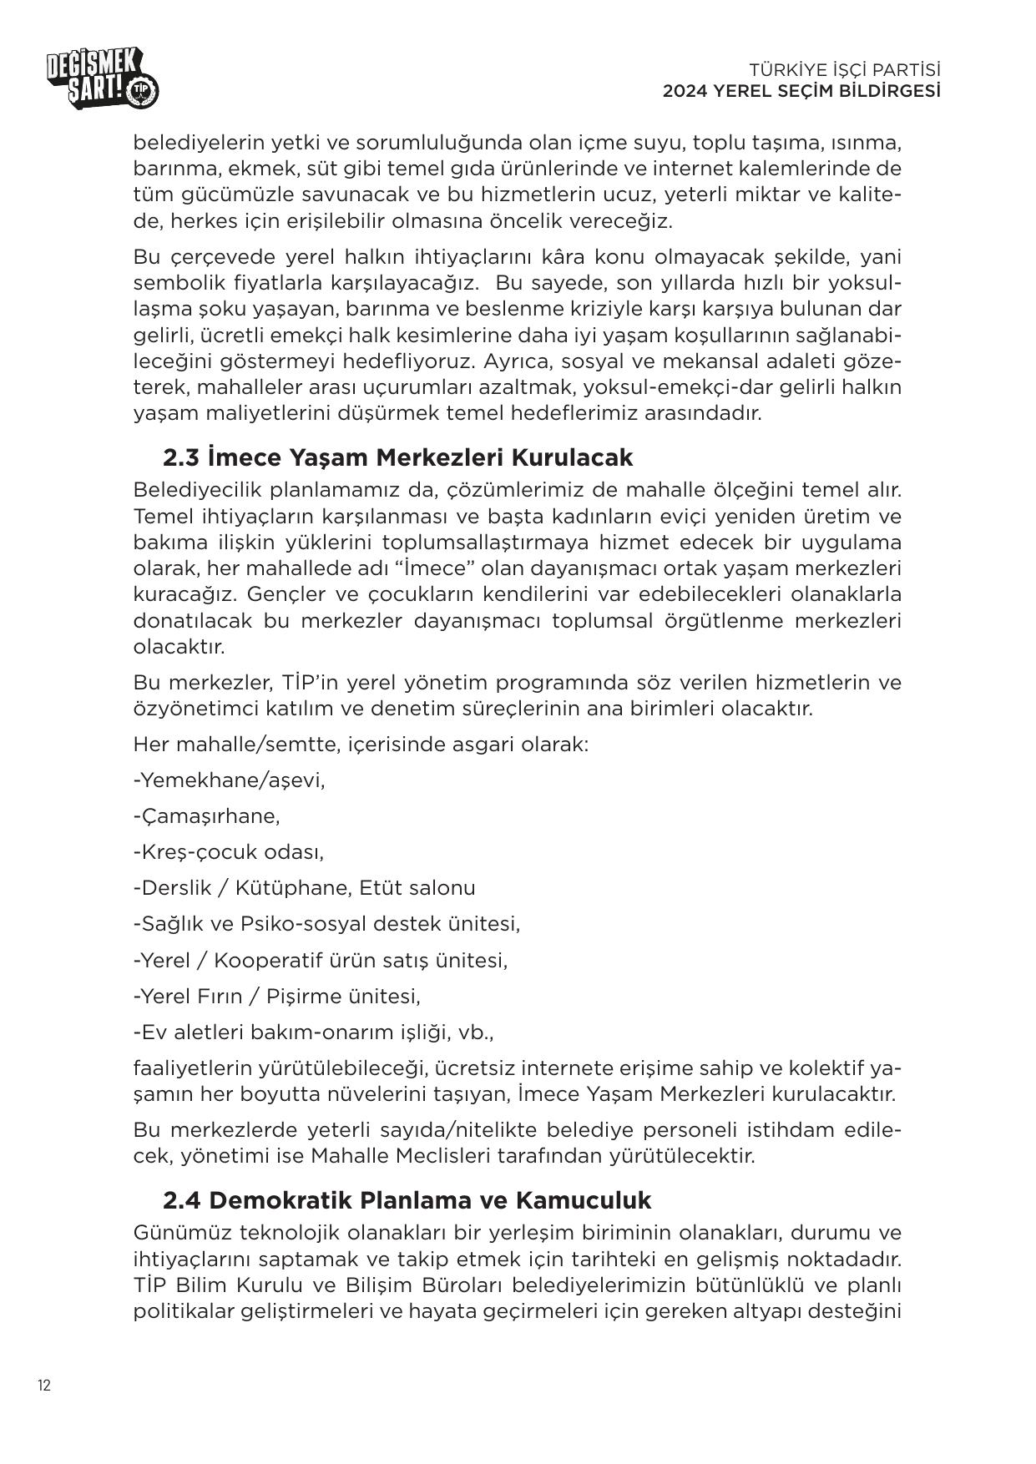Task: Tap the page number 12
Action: click(43, 1386)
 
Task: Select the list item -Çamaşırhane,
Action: click(206, 815)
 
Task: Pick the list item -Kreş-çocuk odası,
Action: click(228, 852)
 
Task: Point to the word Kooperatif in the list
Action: click(267, 960)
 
